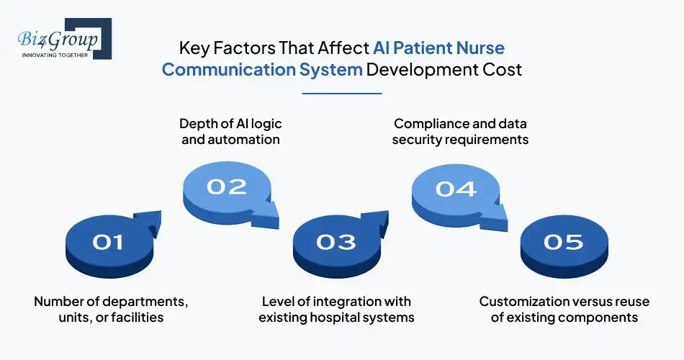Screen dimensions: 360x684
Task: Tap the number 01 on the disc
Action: point(108,243)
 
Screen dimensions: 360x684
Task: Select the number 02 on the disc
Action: point(227,186)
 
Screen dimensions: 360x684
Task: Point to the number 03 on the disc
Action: point(336,242)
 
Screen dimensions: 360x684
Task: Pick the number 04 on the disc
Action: point(456,189)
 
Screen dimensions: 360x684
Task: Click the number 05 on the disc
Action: point(564,243)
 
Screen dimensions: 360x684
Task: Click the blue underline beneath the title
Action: point(341,93)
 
